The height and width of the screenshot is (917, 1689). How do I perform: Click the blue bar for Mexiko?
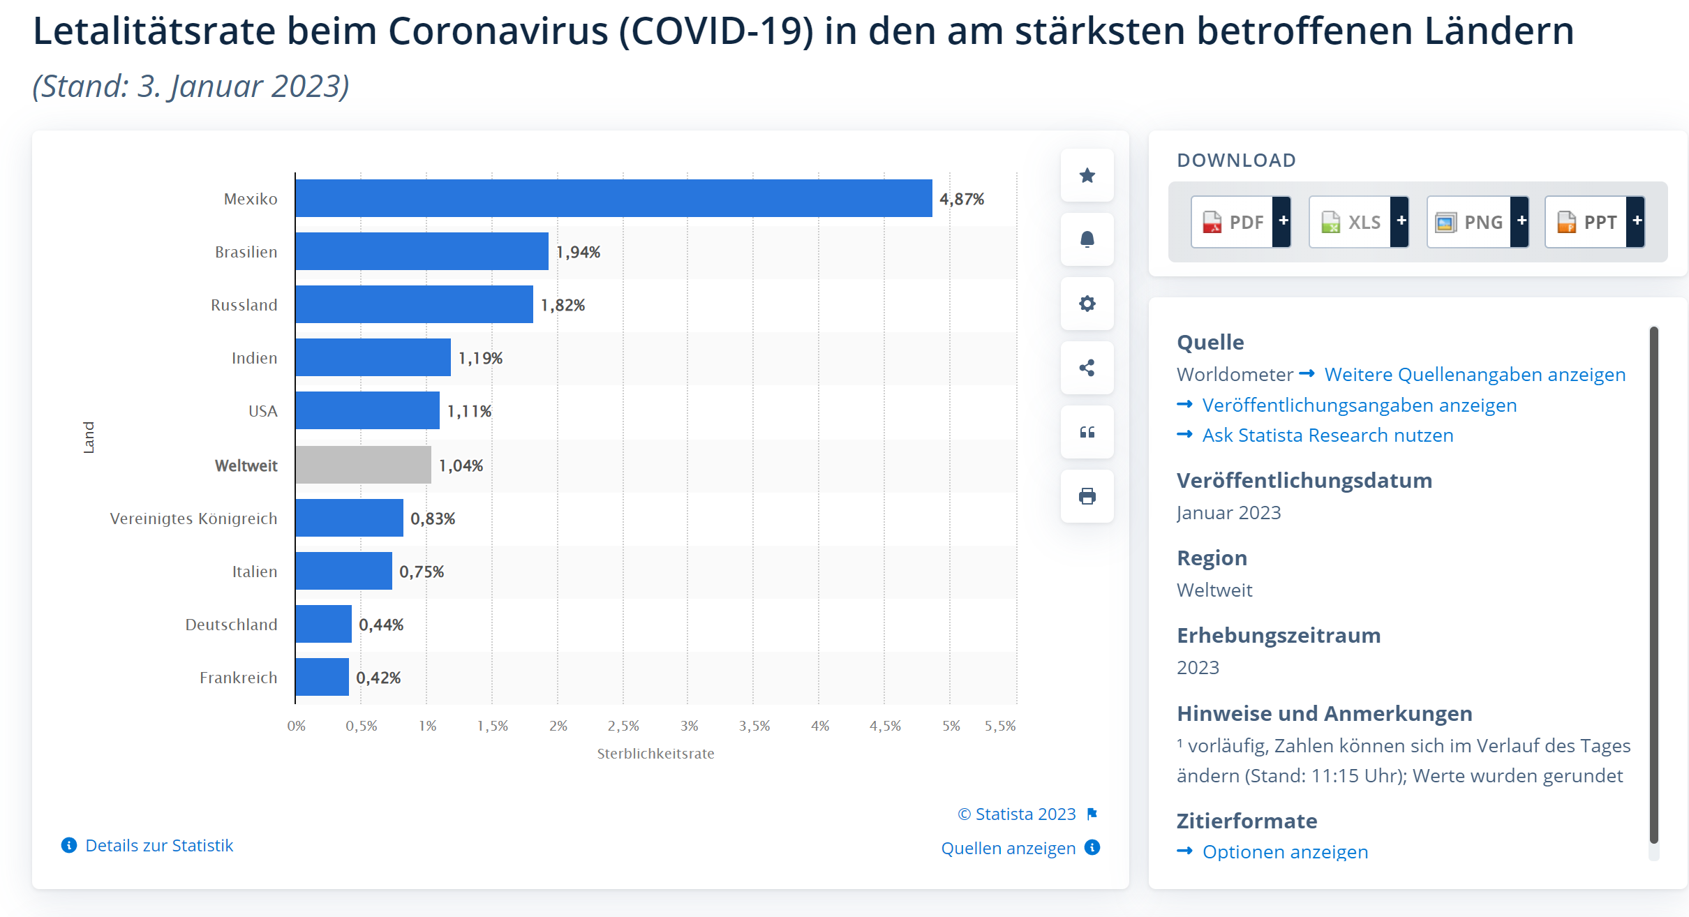pyautogui.click(x=613, y=198)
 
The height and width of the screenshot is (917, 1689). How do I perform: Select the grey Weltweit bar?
pyautogui.click(x=363, y=465)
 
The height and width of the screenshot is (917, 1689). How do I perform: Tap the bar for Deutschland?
pyautogui.click(x=323, y=624)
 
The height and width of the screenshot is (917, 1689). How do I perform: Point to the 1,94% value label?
pyautogui.click(x=578, y=252)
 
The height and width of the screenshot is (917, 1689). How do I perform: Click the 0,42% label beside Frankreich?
pyautogui.click(x=378, y=678)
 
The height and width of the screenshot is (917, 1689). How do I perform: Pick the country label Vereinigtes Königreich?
pyautogui.click(x=193, y=519)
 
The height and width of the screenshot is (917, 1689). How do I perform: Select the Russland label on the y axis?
pyautogui.click(x=244, y=305)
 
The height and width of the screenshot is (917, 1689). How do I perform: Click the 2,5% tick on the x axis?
pyautogui.click(x=623, y=726)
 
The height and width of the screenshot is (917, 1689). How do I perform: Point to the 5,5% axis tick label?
pyautogui.click(x=1000, y=726)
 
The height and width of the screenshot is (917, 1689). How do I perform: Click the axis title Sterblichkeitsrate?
pyautogui.click(x=655, y=754)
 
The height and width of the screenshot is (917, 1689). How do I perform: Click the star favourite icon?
pyautogui.click(x=1087, y=175)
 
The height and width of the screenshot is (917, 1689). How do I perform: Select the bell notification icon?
pyautogui.click(x=1087, y=239)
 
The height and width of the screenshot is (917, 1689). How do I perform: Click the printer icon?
pyautogui.click(x=1087, y=496)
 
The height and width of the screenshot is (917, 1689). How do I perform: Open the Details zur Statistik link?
pyautogui.click(x=158, y=845)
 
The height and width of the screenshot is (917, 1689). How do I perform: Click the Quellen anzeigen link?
pyautogui.click(x=1008, y=848)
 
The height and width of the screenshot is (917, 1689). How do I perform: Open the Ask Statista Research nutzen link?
pyautogui.click(x=1327, y=435)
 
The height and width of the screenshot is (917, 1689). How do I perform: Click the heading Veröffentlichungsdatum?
pyautogui.click(x=1304, y=481)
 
